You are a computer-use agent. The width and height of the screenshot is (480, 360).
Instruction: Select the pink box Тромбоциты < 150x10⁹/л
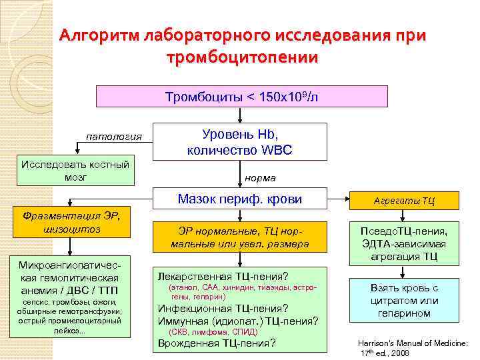[x=242, y=97]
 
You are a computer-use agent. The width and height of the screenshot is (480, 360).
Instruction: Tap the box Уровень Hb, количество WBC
[x=239, y=141]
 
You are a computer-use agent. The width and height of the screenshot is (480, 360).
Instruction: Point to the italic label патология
[x=114, y=137]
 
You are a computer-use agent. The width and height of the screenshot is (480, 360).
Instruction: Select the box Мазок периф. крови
[x=239, y=199]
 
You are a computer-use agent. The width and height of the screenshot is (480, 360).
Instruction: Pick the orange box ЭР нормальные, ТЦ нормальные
[x=239, y=237]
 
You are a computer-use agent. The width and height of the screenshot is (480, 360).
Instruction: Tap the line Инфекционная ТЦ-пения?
[x=223, y=308]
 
